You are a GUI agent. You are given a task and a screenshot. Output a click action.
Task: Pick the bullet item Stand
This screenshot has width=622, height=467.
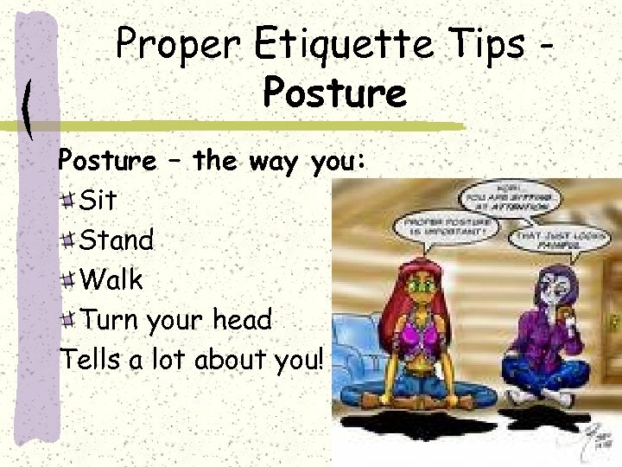pos(116,240)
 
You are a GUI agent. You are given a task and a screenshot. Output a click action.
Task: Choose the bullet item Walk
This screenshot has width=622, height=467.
pos(111,280)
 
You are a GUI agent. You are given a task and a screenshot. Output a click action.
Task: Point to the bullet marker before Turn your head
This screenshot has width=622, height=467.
pos(69,321)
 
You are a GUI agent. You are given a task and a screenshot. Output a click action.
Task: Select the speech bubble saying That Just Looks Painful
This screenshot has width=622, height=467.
pos(554,240)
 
